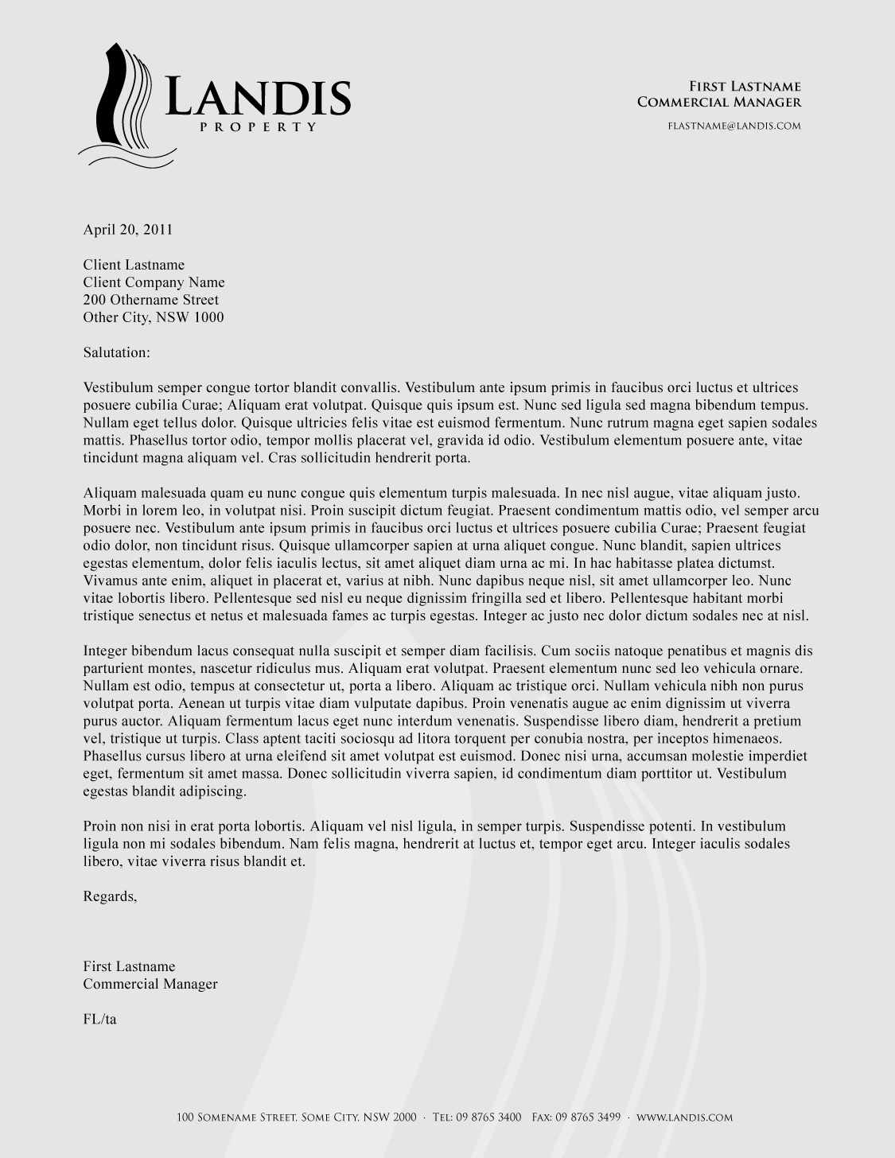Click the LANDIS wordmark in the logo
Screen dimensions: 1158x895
(258, 99)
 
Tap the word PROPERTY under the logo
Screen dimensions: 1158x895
(258, 127)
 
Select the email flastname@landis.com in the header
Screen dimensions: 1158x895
(734, 126)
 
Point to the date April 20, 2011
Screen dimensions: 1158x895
(128, 230)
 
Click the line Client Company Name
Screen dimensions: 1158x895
(154, 282)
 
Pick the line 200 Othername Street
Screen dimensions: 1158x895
(150, 300)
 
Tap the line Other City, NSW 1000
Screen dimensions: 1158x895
(154, 317)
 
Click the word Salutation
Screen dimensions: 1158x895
(116, 352)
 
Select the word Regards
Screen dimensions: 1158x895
(110, 896)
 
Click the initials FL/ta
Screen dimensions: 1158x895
(99, 1019)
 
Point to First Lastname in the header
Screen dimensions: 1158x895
(744, 87)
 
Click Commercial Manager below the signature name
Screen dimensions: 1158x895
(150, 984)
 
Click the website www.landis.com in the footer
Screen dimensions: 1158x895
(684, 1117)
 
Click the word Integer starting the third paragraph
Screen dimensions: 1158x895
(105, 651)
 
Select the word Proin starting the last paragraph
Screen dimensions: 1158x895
(100, 826)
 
